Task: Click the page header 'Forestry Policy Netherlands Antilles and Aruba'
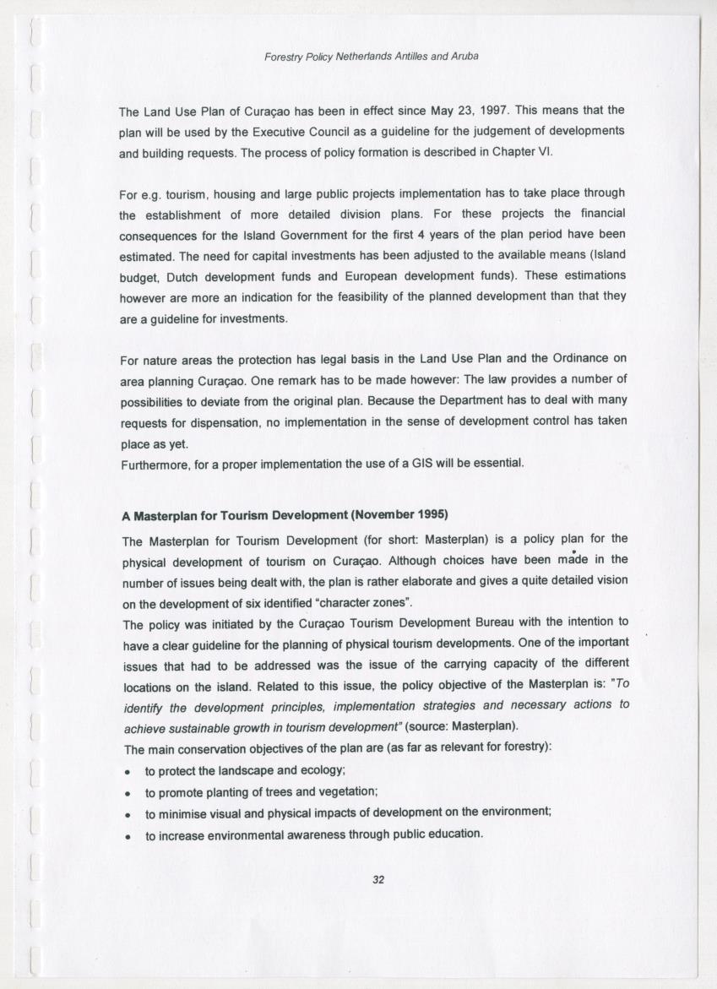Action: (x=372, y=57)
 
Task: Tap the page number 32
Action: (x=378, y=879)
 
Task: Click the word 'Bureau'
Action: (x=478, y=622)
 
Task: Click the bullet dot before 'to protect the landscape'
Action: (x=127, y=772)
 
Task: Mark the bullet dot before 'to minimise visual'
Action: (x=127, y=814)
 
